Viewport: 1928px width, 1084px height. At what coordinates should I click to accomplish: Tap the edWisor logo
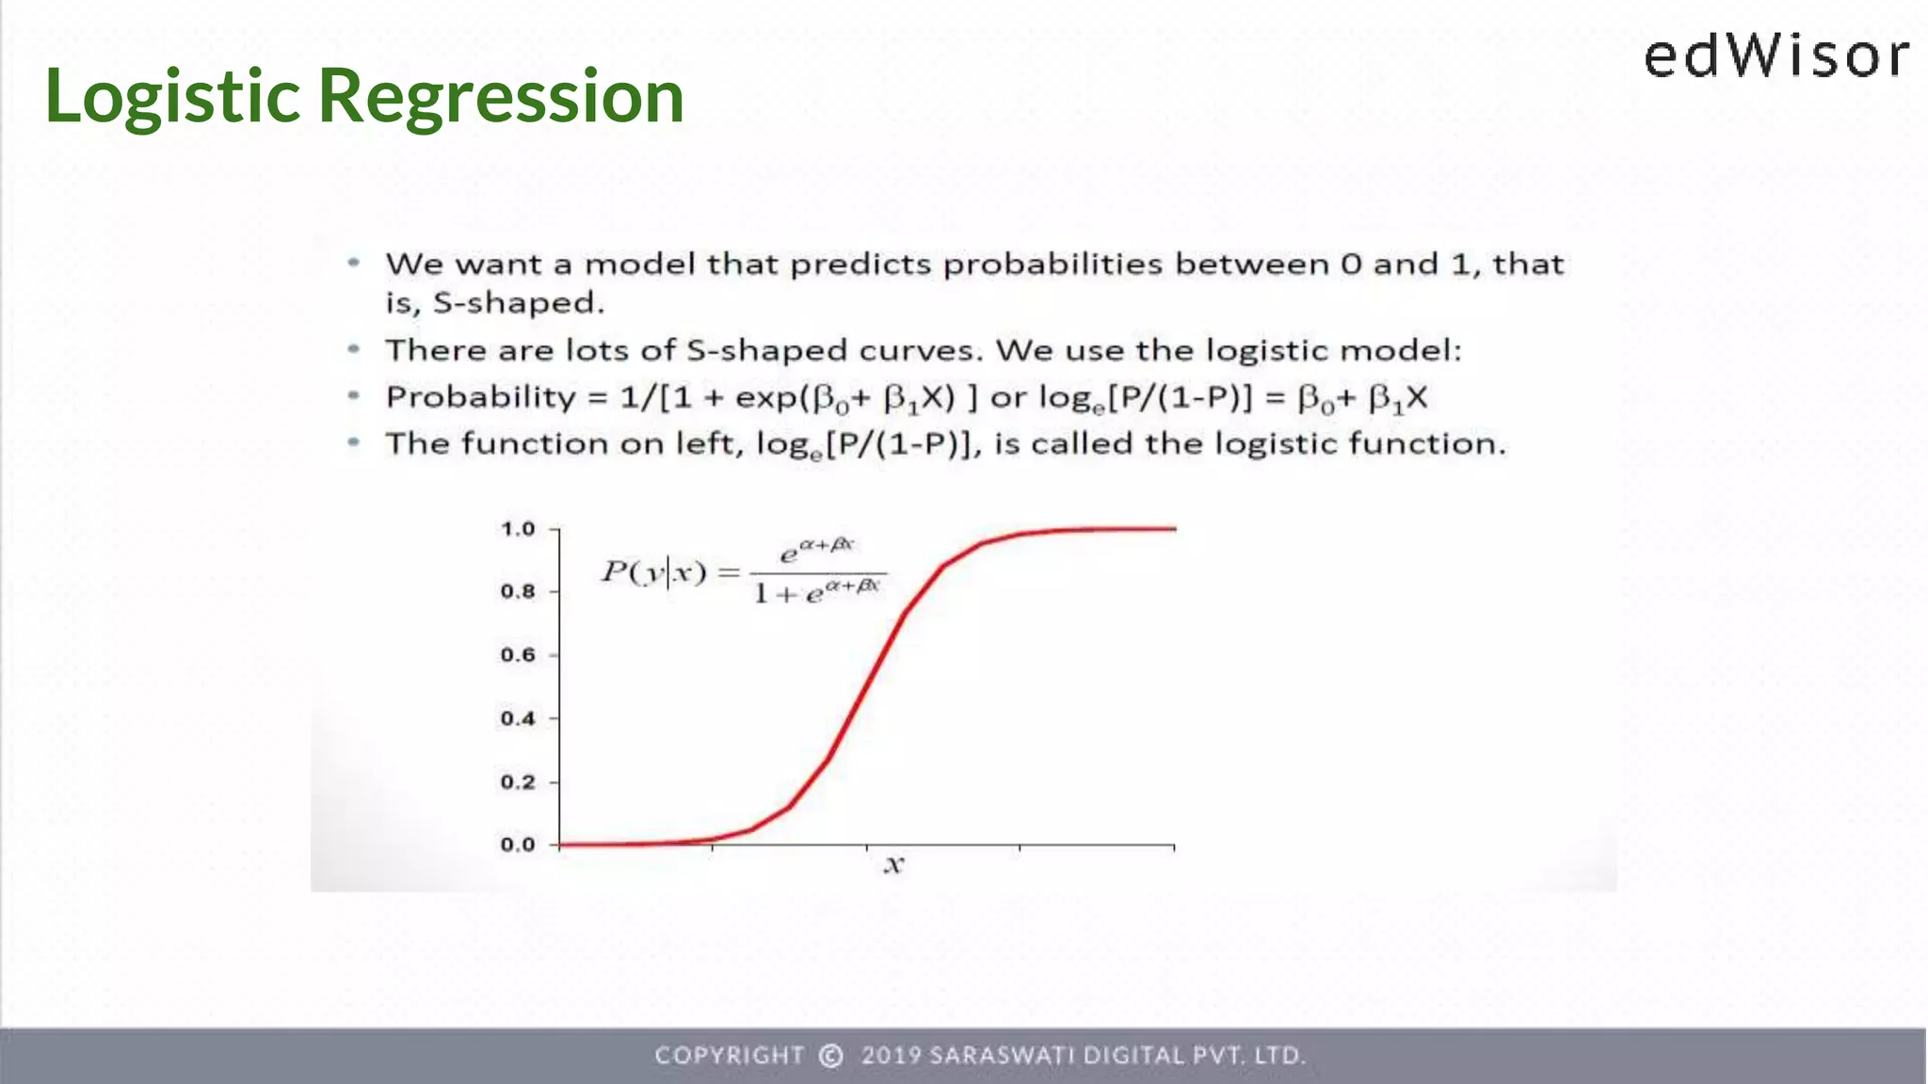point(1775,56)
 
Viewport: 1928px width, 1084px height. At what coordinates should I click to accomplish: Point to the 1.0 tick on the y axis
point(518,529)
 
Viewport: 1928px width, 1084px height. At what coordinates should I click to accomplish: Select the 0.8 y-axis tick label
point(518,592)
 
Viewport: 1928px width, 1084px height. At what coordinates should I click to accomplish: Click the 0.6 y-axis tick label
point(518,655)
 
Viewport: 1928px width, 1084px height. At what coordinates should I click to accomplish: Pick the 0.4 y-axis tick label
point(518,719)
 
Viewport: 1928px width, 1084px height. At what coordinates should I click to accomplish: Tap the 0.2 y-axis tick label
point(518,782)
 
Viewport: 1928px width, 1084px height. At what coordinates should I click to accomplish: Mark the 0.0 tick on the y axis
point(518,845)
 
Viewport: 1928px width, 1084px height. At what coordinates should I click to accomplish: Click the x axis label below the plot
point(893,865)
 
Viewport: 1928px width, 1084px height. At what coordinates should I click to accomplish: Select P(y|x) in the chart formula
point(653,571)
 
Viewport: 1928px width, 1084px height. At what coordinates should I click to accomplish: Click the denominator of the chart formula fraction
point(817,592)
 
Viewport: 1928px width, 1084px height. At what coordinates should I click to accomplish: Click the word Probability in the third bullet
point(480,398)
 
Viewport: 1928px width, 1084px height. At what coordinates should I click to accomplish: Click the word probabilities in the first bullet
point(1052,264)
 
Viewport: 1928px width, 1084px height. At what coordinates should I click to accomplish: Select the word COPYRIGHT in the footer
point(730,1056)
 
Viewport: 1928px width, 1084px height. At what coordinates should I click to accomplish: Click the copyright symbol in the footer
point(830,1056)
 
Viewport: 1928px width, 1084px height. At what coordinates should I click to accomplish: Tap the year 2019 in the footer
point(891,1056)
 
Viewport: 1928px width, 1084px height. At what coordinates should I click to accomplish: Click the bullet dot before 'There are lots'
point(354,349)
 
